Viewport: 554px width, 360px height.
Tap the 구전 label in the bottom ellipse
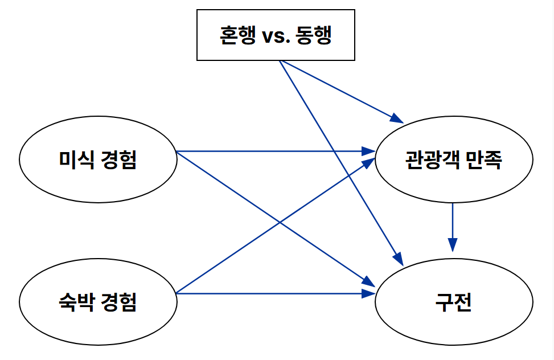(x=453, y=301)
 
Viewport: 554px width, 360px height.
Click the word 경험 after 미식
(x=120, y=159)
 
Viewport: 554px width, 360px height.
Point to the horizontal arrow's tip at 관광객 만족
(x=370, y=152)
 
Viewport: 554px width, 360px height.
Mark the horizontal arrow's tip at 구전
(x=370, y=293)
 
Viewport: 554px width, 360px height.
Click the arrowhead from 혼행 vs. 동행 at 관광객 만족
(x=397, y=119)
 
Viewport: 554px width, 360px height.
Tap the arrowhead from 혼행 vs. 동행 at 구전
(x=399, y=260)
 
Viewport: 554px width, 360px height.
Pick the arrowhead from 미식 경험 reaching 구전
(x=370, y=283)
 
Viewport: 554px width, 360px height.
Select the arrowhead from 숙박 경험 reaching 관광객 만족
(x=370, y=162)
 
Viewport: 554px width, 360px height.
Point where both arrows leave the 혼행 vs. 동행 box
(x=280, y=61)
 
